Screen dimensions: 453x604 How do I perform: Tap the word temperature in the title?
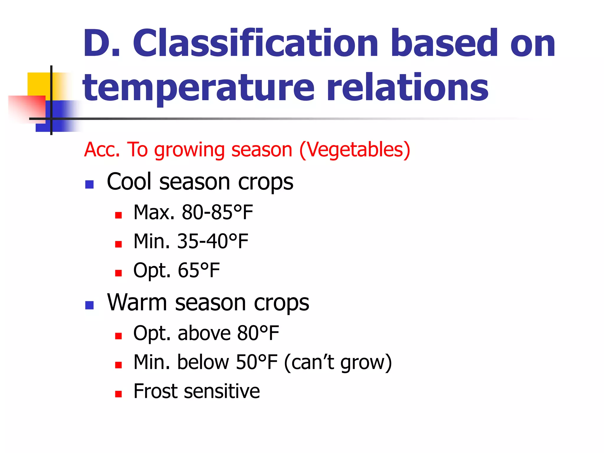coord(198,88)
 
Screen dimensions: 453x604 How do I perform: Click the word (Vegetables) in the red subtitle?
coord(355,150)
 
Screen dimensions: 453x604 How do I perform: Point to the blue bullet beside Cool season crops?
coord(89,185)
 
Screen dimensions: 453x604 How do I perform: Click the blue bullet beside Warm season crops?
coord(89,305)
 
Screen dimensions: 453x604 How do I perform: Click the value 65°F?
coord(199,270)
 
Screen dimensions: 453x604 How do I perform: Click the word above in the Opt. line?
coord(204,333)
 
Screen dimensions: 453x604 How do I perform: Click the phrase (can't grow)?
coord(338,362)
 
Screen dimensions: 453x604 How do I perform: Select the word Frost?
coord(157,391)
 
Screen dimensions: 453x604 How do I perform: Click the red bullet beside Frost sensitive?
coord(119,394)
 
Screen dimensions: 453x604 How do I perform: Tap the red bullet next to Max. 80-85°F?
coord(119,215)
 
